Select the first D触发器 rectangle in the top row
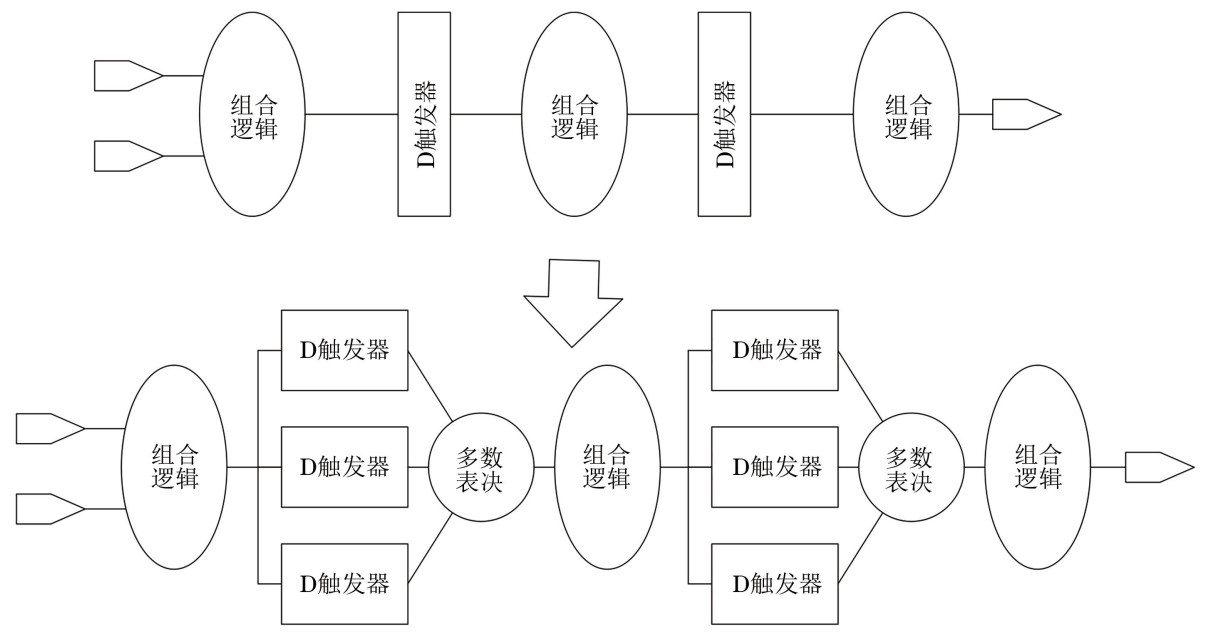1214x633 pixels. [x=424, y=114]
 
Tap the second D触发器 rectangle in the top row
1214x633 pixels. [x=724, y=114]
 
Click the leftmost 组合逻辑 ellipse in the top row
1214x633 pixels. [x=254, y=114]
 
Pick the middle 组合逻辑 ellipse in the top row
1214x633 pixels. [x=575, y=114]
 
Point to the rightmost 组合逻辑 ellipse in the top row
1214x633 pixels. [x=908, y=114]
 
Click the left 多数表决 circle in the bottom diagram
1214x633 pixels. [x=480, y=467]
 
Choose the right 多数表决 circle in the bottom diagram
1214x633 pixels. [x=910, y=467]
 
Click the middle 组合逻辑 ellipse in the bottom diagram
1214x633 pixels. [x=606, y=467]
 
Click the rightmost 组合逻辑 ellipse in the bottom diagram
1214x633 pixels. [x=1038, y=467]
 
